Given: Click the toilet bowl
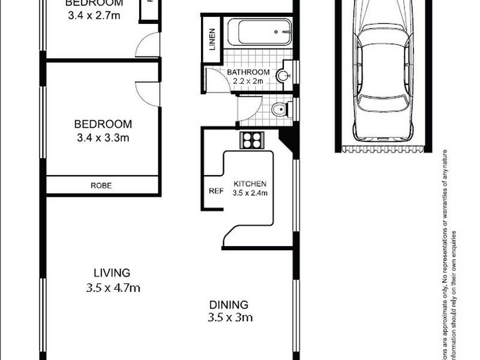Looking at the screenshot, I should point(278,110).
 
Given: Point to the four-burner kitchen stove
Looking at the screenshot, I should point(251,140).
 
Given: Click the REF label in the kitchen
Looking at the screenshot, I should point(215,192).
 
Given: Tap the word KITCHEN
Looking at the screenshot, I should point(250,184).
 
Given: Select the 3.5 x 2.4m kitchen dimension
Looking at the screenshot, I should point(250,193).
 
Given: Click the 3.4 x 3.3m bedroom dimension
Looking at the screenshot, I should point(102,137).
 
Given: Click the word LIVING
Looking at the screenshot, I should point(112,272).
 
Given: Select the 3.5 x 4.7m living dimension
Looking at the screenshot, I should point(113,287).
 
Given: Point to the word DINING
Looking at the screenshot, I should point(228,304).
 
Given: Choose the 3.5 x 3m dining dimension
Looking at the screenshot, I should point(230,317).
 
